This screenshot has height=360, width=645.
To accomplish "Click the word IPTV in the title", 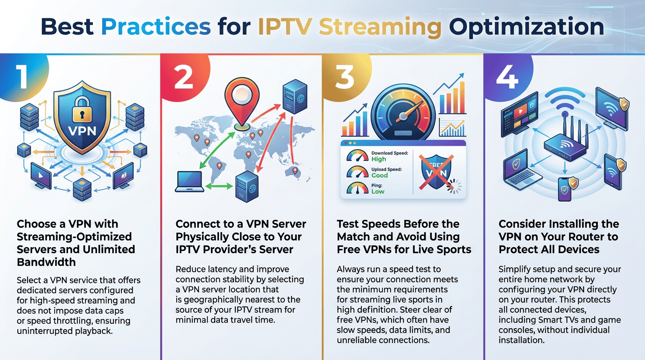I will [285, 27].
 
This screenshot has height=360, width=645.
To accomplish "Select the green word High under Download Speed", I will [379, 159].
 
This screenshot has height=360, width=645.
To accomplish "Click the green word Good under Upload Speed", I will [380, 175].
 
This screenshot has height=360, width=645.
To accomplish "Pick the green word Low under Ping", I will [378, 191].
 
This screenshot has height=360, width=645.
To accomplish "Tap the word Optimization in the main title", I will [526, 27].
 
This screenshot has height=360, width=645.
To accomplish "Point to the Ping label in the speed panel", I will [377, 185].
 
